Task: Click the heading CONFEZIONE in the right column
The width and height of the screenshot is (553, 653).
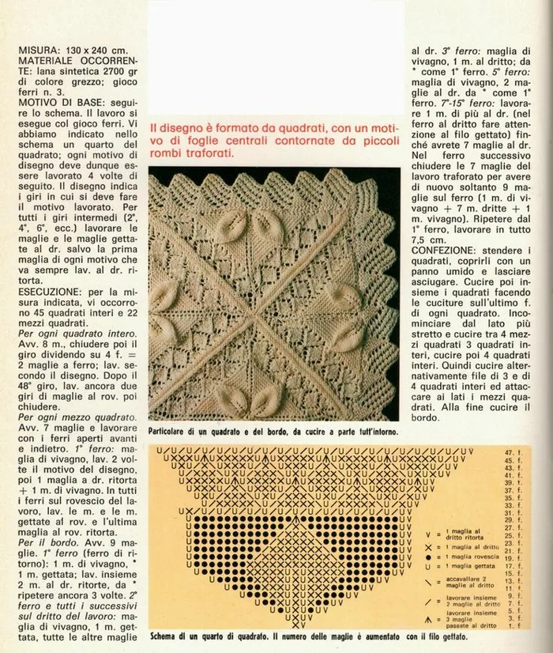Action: pyautogui.click(x=447, y=250)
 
